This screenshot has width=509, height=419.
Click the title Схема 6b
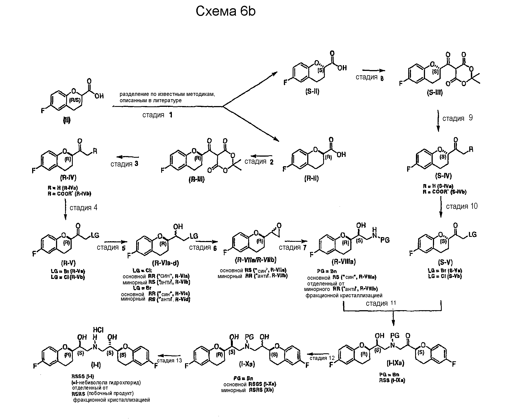click(x=225, y=12)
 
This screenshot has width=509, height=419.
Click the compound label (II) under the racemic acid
click(x=67, y=120)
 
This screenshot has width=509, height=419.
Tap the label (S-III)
click(x=435, y=93)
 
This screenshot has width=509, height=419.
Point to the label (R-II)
click(x=311, y=178)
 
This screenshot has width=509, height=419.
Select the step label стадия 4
click(x=83, y=207)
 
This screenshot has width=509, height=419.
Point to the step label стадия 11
click(x=381, y=303)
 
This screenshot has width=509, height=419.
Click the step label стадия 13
click(x=169, y=360)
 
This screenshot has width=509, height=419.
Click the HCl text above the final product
click(x=98, y=330)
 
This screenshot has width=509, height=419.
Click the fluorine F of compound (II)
click(x=43, y=111)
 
